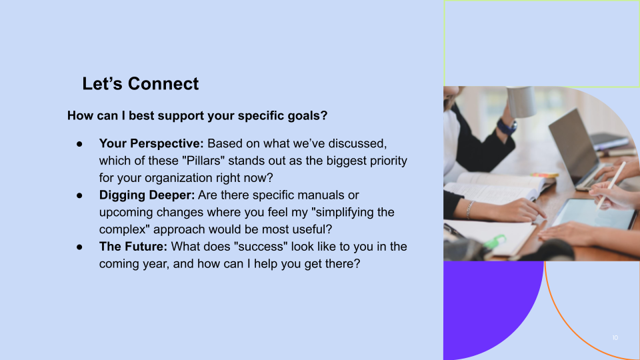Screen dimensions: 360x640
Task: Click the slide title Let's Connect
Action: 140,84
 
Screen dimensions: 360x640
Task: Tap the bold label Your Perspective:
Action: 151,143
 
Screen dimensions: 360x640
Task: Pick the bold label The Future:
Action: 133,247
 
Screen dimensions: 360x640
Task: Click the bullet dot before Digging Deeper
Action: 79,195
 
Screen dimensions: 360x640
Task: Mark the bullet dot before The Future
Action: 79,247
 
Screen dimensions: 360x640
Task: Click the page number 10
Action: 615,338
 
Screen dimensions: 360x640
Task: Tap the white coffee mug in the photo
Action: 521,101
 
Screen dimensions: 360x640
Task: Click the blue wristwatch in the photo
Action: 507,125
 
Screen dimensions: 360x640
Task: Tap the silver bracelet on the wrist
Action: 469,209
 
